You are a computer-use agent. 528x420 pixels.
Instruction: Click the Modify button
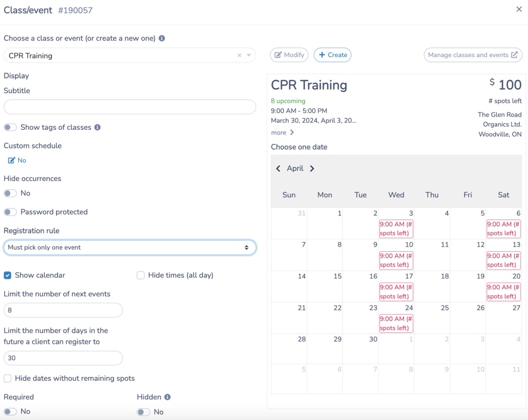coord(289,55)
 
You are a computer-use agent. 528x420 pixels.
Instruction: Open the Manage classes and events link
coord(473,55)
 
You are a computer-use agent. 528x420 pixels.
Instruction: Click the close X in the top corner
coord(519,9)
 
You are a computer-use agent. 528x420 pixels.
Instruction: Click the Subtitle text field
coord(130,107)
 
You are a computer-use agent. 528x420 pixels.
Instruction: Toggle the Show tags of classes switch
coord(11,128)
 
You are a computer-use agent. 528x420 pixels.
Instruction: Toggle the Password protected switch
coord(11,212)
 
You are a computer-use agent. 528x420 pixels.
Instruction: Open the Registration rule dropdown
coord(130,248)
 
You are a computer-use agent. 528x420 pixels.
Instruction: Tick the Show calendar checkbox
coord(7,275)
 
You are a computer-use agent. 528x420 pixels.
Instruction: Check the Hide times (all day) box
coord(141,275)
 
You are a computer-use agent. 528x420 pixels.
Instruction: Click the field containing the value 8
coord(63,310)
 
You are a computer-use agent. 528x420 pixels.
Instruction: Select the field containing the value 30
coord(63,358)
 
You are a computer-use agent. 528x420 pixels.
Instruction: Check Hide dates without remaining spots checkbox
coord(7,378)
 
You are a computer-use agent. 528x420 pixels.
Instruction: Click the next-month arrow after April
coord(312,168)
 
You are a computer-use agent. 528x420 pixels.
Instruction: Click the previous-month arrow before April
coord(278,168)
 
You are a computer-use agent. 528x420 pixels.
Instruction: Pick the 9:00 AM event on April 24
coord(396,323)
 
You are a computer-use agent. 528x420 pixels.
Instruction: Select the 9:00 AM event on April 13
coord(503,260)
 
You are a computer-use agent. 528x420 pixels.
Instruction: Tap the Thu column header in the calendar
coord(432,195)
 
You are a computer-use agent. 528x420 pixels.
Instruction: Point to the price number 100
coord(510,85)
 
